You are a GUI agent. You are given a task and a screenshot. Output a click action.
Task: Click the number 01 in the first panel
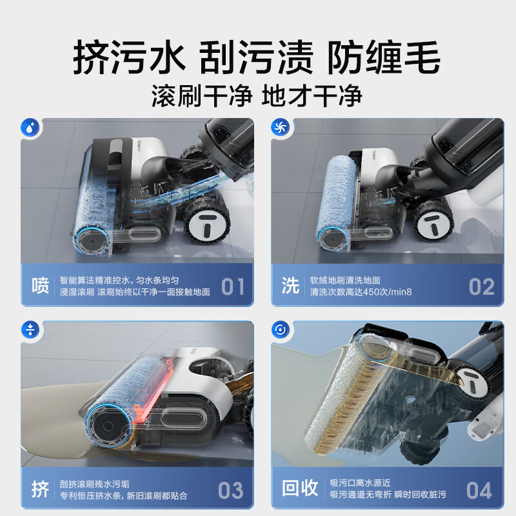(x=233, y=286)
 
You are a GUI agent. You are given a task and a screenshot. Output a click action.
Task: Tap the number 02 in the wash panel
(x=481, y=286)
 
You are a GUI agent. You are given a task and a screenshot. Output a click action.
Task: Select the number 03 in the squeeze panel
(x=231, y=490)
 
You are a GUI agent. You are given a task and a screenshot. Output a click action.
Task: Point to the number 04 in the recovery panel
(x=479, y=490)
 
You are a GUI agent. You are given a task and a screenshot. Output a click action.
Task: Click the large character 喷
(x=40, y=285)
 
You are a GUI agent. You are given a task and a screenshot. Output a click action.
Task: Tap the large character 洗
(x=290, y=285)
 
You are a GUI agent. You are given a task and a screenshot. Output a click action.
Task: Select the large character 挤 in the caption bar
(x=40, y=489)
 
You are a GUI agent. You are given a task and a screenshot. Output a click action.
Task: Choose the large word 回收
(x=300, y=488)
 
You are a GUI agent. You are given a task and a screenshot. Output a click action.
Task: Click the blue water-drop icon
(x=30, y=127)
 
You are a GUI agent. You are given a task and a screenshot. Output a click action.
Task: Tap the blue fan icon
(x=281, y=127)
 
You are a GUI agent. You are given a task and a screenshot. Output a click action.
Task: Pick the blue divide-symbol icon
(x=30, y=330)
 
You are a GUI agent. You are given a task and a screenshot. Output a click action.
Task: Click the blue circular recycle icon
(x=281, y=330)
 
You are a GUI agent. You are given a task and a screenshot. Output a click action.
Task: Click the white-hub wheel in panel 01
(x=206, y=220)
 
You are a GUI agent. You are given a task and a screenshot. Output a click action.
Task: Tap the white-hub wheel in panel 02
(x=433, y=220)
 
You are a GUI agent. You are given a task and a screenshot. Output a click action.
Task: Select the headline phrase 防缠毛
(x=384, y=57)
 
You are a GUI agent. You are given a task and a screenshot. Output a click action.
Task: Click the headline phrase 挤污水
(x=130, y=57)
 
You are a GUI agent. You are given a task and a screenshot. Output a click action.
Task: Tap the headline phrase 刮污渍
(x=256, y=57)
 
